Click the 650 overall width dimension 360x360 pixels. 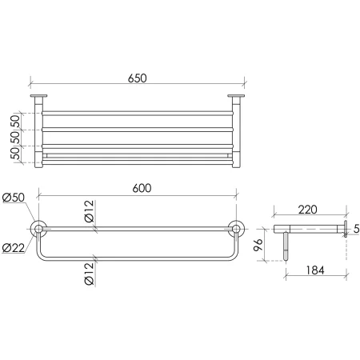pyautogui.click(x=137, y=78)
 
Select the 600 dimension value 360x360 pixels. pyautogui.click(x=142, y=188)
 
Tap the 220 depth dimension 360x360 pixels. pyautogui.click(x=308, y=210)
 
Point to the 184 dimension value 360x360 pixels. pyautogui.click(x=315, y=270)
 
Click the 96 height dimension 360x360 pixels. pyautogui.click(x=258, y=245)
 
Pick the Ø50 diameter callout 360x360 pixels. pyautogui.click(x=14, y=198)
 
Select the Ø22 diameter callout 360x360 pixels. pyautogui.click(x=14, y=248)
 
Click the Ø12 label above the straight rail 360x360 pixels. pyautogui.click(x=90, y=211)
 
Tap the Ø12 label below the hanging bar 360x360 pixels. pyautogui.click(x=90, y=274)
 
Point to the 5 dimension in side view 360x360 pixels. pyautogui.click(x=356, y=229)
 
